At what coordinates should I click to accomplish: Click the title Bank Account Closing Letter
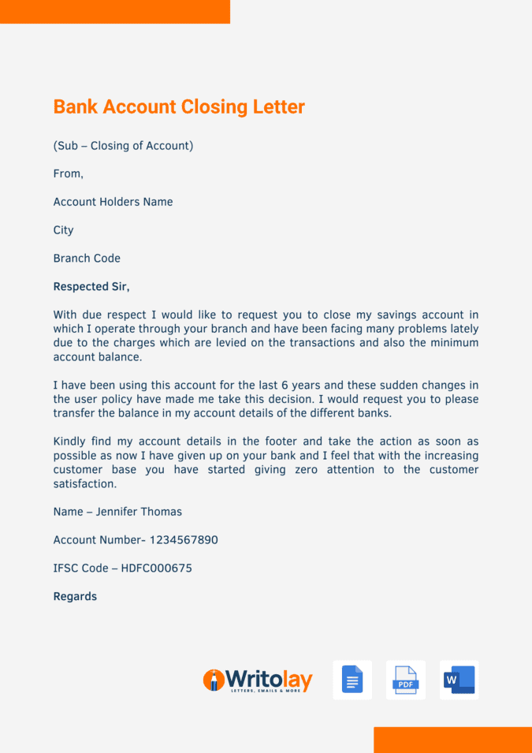coord(179,106)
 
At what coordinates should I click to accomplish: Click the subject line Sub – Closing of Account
coord(123,146)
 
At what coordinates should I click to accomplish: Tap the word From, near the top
coord(68,173)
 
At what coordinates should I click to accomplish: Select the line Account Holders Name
coord(113,202)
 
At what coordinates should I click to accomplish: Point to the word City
coord(63,230)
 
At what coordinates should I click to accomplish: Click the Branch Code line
coord(87,259)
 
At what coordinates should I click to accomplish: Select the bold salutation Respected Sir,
coord(91,286)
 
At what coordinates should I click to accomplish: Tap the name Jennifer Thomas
coord(139,512)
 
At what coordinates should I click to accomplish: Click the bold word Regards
coord(75,597)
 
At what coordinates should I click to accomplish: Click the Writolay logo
coord(258,680)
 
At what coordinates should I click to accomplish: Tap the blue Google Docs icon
coord(352,680)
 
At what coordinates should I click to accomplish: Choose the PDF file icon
coord(406,680)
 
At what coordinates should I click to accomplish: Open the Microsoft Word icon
coord(459,680)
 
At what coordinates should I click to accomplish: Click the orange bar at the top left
coord(115,12)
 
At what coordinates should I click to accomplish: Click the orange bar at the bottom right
coord(452,740)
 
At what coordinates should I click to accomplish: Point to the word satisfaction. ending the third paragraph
coord(85,484)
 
